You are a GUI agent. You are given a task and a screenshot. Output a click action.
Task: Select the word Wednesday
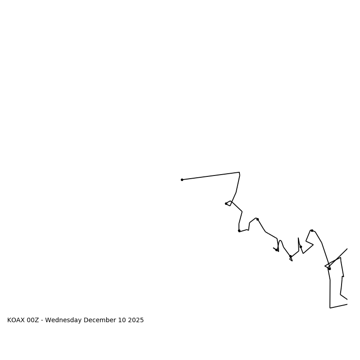[63, 320]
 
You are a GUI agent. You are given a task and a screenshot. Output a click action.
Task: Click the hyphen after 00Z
[42, 320]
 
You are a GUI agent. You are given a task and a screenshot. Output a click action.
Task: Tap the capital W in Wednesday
[48, 320]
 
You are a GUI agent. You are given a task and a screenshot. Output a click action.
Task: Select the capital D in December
[86, 320]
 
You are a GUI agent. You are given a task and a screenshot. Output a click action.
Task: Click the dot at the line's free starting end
[182, 180]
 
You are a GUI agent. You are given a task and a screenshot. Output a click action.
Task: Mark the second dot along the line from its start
[226, 203]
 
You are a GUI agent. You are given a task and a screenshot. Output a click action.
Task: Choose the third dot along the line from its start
[239, 230]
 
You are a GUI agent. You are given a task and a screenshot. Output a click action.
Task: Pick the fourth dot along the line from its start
[257, 219]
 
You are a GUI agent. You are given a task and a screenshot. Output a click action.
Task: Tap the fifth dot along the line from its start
[276, 250]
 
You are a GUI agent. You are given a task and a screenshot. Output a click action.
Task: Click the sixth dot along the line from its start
[290, 256]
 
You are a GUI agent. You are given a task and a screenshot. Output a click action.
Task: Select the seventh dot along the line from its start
[301, 247]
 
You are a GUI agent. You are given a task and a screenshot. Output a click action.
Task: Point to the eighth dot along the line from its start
[312, 230]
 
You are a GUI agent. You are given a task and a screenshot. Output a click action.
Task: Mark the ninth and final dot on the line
[329, 269]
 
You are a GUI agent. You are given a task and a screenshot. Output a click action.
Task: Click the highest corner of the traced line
[239, 172]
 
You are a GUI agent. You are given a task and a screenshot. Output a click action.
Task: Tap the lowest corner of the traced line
[330, 308]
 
